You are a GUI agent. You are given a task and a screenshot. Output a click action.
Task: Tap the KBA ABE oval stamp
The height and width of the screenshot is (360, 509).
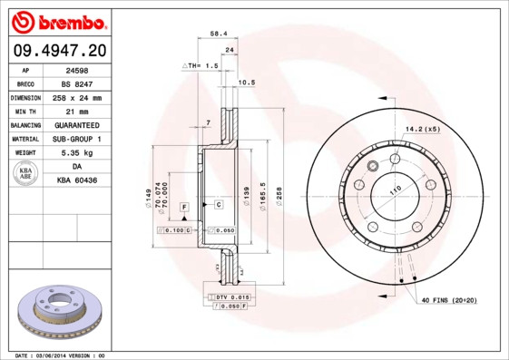[x=26, y=174]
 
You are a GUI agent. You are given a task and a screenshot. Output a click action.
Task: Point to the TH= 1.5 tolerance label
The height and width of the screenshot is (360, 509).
[x=202, y=66]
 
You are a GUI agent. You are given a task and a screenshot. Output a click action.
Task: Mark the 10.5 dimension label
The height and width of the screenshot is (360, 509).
[x=245, y=83]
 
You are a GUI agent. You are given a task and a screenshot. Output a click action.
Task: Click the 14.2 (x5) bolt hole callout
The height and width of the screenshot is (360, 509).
[x=423, y=129]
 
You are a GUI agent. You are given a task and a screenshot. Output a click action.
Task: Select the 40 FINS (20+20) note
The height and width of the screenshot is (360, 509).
[x=448, y=298]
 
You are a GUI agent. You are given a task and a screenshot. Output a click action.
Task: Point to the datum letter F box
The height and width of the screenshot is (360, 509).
[x=184, y=207]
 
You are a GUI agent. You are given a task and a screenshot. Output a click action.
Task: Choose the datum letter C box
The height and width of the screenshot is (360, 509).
[x=219, y=205]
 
